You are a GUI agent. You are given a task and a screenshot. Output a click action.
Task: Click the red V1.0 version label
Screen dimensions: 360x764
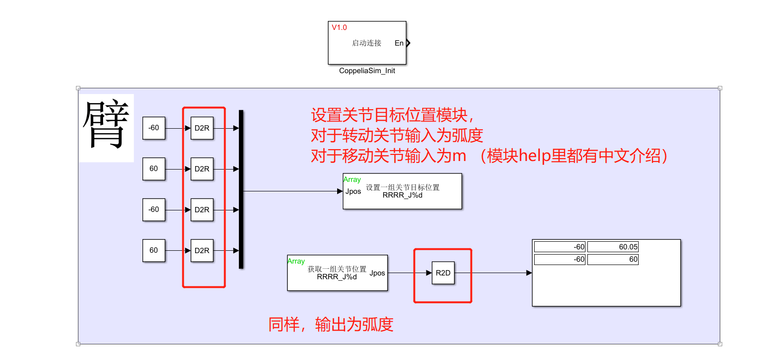[339, 28]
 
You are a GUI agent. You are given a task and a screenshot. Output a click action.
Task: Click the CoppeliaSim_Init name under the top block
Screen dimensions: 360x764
[367, 71]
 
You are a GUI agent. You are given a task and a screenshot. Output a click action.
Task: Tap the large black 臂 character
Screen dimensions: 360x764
[106, 125]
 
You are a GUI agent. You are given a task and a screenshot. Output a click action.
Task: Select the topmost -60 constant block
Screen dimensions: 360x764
[154, 128]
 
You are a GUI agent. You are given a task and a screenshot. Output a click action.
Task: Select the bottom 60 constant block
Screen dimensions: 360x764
[154, 250]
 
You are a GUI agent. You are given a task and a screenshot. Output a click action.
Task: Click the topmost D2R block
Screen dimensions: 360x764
[202, 128]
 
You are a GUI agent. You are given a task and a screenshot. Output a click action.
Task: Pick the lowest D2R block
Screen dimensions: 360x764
[202, 251]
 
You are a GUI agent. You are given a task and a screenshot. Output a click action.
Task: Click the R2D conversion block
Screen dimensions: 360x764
[443, 273]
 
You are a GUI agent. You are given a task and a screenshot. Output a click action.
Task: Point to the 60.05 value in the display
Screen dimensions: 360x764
[613, 247]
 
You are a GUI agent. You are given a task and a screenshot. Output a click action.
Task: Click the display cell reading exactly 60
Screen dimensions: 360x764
[613, 259]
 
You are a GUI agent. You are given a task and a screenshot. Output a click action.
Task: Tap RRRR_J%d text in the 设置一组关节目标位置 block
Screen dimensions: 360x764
[402, 195]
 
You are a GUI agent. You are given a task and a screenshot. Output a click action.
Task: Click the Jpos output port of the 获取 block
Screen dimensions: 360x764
[377, 273]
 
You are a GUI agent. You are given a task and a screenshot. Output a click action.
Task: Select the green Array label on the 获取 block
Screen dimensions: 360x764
[296, 261]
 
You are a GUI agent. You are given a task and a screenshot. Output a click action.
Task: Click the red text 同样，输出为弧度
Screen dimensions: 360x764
[330, 324]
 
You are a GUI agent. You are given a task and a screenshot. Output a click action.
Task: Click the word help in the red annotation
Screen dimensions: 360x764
[534, 156]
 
